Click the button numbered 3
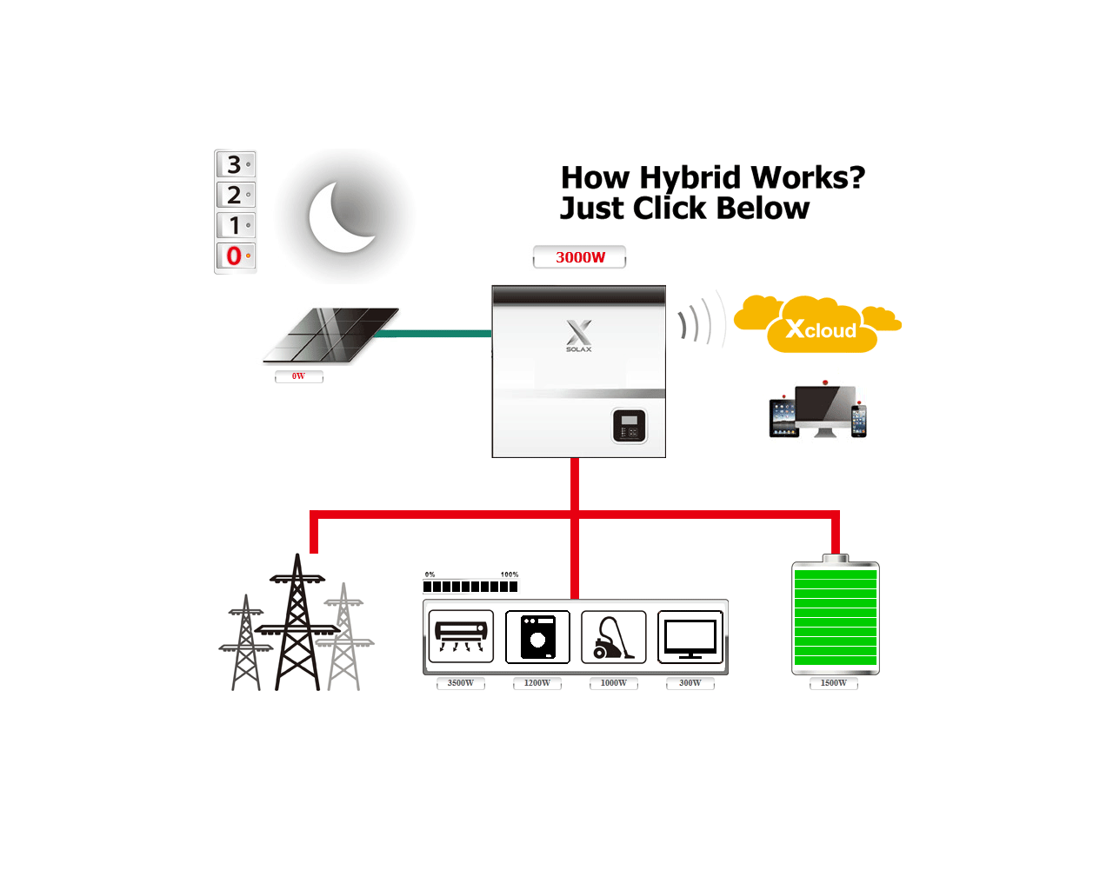[x=235, y=164]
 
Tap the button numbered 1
[x=235, y=225]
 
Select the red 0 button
[x=235, y=256]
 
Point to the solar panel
[x=332, y=335]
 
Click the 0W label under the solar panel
[x=298, y=376]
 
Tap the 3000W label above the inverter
[x=580, y=257]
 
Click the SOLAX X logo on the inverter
[x=579, y=334]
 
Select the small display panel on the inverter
[x=630, y=426]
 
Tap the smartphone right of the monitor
[x=859, y=420]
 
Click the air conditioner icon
[x=461, y=636]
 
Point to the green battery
[x=836, y=617]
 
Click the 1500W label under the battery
[x=834, y=683]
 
